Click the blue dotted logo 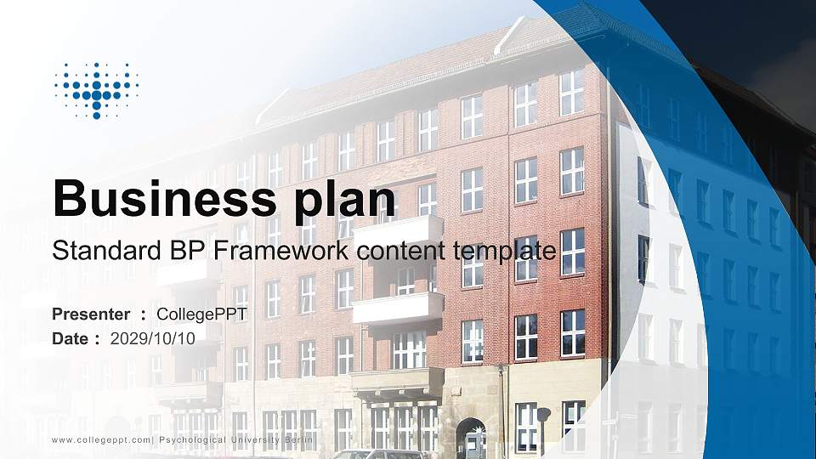pyautogui.click(x=96, y=89)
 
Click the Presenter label pyautogui.click(x=91, y=314)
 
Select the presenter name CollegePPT pyautogui.click(x=202, y=314)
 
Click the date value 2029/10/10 pyautogui.click(x=153, y=338)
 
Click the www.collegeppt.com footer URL pyautogui.click(x=102, y=439)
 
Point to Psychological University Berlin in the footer pyautogui.click(x=237, y=439)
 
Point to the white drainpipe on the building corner pyautogui.click(x=501, y=408)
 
